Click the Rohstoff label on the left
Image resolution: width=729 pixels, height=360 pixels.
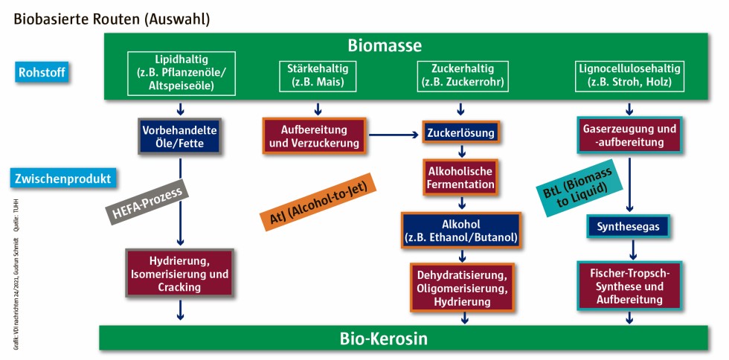click(42, 73)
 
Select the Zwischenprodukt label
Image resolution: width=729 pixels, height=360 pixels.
click(63, 179)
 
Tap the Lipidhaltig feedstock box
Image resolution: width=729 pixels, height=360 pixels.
click(182, 72)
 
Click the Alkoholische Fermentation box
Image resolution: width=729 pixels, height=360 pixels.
click(460, 177)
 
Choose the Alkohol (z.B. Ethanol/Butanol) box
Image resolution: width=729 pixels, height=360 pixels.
click(461, 231)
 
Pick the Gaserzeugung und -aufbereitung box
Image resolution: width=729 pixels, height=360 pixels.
click(630, 135)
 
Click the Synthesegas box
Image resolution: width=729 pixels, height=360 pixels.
click(629, 226)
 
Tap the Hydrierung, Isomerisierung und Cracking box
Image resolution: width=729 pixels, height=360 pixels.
click(179, 274)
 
